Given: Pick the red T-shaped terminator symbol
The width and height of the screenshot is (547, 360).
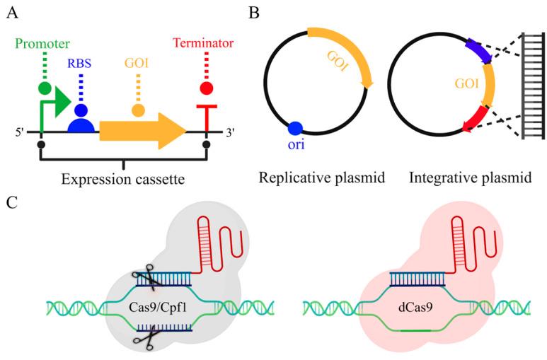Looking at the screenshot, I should tap(206, 117).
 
